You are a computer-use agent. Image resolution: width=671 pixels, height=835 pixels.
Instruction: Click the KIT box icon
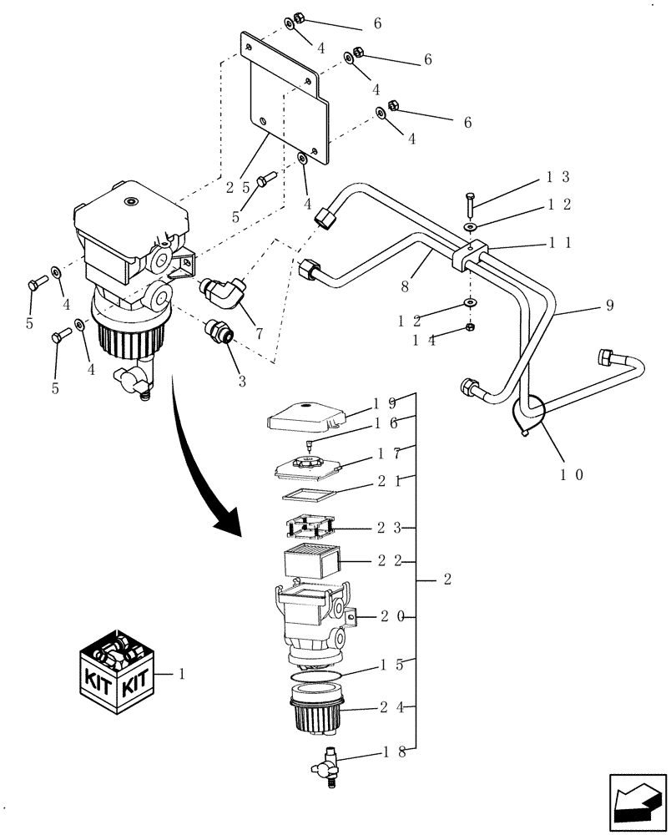tap(119, 674)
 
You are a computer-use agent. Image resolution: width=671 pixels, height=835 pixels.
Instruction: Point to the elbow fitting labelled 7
tap(224, 292)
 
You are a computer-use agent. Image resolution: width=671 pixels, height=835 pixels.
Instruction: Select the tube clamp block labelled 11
tap(471, 256)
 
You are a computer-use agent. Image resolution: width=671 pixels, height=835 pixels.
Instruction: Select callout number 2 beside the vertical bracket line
tap(447, 579)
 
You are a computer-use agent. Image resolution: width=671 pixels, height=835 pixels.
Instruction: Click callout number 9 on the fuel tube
tap(608, 306)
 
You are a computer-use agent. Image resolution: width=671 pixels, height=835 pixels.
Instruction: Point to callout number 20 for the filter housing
tap(392, 616)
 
